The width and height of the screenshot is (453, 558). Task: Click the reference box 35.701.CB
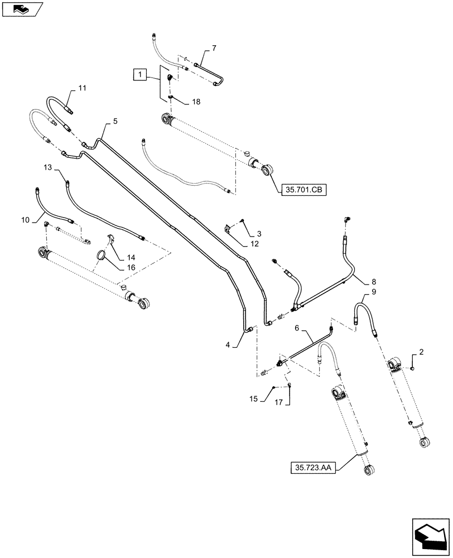[x=302, y=190]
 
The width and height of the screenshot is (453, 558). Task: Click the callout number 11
[x=82, y=88]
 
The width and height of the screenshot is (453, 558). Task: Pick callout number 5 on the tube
[x=115, y=120]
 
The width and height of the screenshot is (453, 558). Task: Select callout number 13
[x=47, y=166]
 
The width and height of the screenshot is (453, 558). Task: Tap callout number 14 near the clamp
[x=131, y=258]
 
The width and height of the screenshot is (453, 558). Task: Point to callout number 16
[x=131, y=267]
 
